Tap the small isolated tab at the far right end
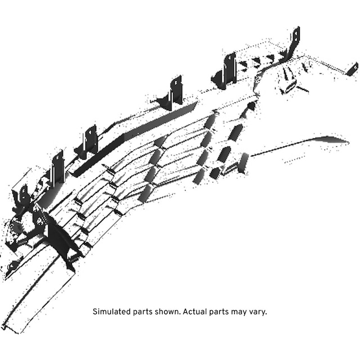coord(353,69)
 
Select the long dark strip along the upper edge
coord(136,138)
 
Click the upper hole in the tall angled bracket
coord(296,33)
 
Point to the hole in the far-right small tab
coord(355,67)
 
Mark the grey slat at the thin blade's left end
coord(244,163)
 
